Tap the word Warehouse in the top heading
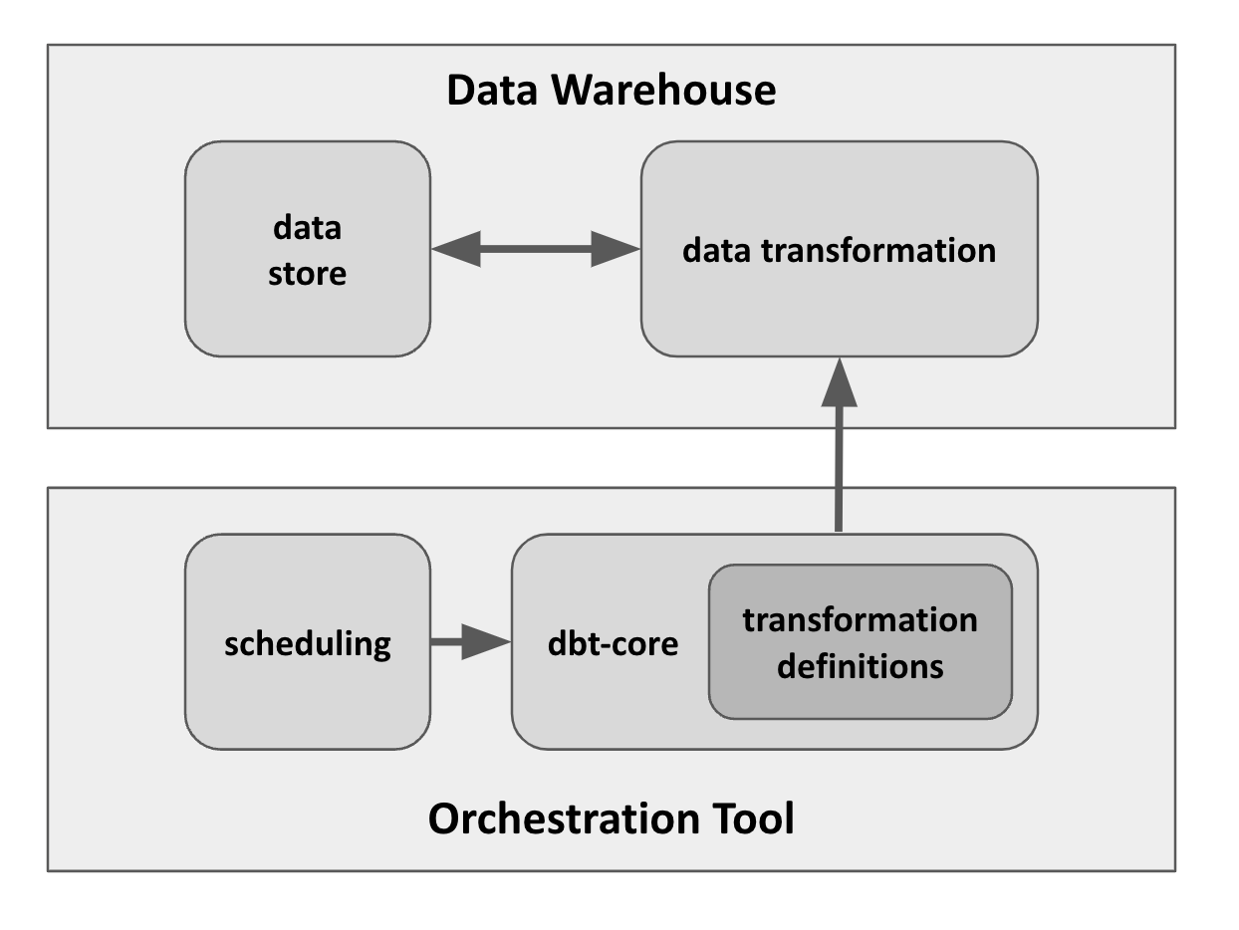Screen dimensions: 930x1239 coord(663,91)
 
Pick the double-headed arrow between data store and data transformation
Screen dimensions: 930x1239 coord(536,249)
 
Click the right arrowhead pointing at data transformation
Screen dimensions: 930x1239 coord(615,249)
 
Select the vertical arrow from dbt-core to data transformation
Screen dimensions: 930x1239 coord(839,468)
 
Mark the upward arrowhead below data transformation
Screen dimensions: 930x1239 coord(839,382)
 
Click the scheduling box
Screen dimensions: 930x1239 coord(308,697)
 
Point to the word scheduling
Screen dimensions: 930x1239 coord(308,644)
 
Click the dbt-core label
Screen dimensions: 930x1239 coord(613,643)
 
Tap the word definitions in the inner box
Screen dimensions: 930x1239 coord(860,665)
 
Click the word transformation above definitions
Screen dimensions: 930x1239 coord(860,620)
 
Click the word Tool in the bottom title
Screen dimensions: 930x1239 coord(756,819)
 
